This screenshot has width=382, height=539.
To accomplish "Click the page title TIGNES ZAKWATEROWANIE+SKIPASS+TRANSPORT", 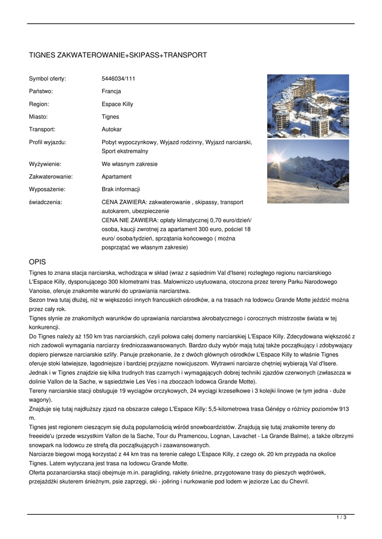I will click(x=117, y=55).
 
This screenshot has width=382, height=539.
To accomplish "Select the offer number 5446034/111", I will click(x=119, y=79).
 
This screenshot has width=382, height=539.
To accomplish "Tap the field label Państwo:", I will click(x=41, y=92).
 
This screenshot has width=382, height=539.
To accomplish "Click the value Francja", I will click(x=111, y=92).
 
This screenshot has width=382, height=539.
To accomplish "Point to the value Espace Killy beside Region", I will click(x=117, y=104).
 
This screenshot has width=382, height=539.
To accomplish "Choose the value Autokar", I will click(x=112, y=129).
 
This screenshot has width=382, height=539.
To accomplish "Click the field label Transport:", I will click(x=42, y=129).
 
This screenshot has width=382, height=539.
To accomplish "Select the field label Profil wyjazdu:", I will click(x=47, y=142).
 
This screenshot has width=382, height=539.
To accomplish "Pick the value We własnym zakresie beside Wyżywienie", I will click(x=130, y=164).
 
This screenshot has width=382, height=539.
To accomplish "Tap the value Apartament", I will click(x=116, y=177).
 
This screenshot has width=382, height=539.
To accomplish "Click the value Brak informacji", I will click(x=121, y=189).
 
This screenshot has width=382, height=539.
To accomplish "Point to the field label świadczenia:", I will click(x=45, y=202).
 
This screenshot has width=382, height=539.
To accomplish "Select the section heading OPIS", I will click(x=37, y=262).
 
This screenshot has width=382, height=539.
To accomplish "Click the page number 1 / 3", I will click(x=341, y=518).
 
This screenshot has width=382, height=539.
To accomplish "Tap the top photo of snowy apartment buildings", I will click(x=308, y=106).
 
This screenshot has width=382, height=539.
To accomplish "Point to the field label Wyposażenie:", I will click(x=47, y=189).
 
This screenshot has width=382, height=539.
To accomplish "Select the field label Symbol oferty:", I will click(x=47, y=79).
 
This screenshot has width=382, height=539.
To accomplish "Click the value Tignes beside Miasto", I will click(x=110, y=117).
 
